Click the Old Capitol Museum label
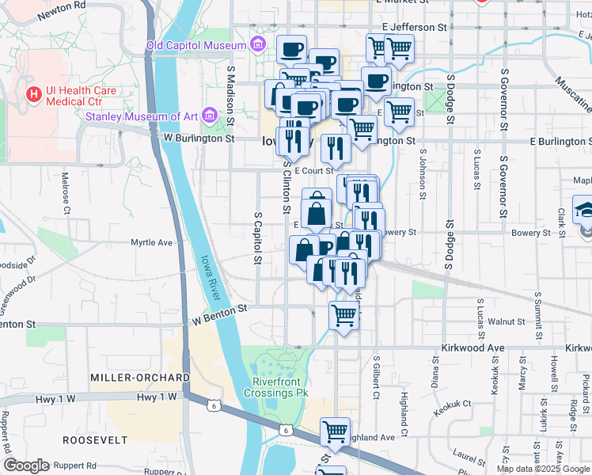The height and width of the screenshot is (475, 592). (x=196, y=45)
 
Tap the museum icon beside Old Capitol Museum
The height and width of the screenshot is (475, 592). (x=258, y=44)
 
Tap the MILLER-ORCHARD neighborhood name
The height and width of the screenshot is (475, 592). (x=139, y=377)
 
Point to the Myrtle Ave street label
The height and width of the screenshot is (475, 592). (x=151, y=242)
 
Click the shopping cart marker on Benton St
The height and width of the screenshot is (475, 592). (x=344, y=316)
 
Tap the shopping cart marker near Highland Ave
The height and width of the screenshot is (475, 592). (x=336, y=431)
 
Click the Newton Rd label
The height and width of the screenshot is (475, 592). (x=65, y=5)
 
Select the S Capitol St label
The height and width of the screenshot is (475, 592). (x=258, y=237)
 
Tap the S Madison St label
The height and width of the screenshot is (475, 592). (x=231, y=93)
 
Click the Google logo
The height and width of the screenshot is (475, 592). (x=26, y=465)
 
